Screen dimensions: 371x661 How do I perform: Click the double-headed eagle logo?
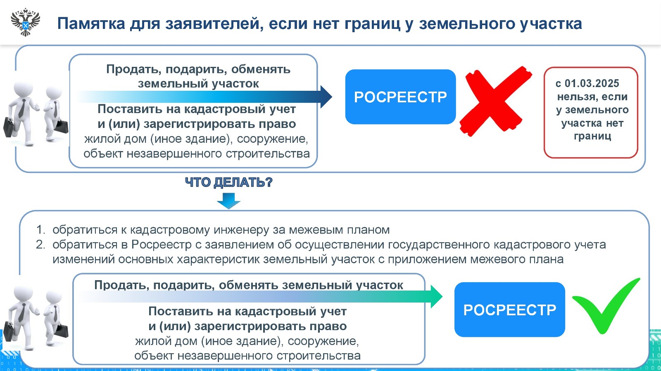coord(26,22)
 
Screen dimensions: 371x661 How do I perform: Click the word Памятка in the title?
coord(91,24)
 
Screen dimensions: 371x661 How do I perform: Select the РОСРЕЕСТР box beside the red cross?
coord(400,97)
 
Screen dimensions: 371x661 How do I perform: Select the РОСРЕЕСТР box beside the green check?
coord(509,310)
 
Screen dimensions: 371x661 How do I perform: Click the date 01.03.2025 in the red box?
coord(592,83)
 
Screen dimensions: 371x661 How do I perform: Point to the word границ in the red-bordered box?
coord(592,136)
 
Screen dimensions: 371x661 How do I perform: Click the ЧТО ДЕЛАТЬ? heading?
coord(228,182)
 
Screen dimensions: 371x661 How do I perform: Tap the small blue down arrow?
coord(228,201)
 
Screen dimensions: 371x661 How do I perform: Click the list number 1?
coord(40,230)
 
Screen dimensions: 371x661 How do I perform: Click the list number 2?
coord(40,245)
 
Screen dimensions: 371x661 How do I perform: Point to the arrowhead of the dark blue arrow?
coord(326,97)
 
